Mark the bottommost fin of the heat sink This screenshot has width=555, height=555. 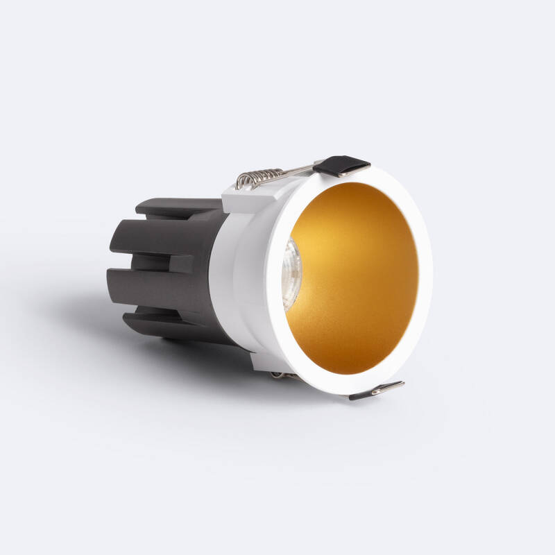(173, 325)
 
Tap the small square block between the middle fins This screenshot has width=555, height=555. (182, 263)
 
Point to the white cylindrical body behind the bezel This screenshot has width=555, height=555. (243, 277)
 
